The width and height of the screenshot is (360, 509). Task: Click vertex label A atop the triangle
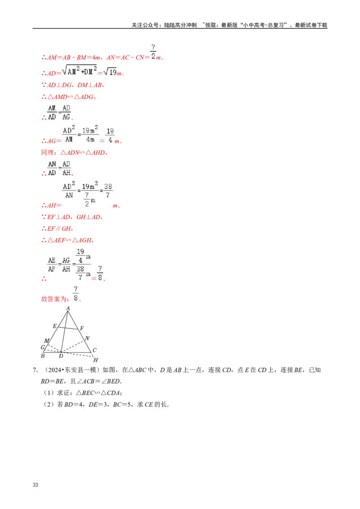pyautogui.click(x=68, y=308)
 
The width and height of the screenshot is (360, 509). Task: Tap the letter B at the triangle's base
pyautogui.click(x=43, y=356)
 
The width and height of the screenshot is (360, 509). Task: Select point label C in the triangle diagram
pyautogui.click(x=94, y=350)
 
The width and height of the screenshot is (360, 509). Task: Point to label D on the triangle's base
pyautogui.click(x=61, y=356)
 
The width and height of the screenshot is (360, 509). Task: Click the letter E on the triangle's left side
pyautogui.click(x=54, y=326)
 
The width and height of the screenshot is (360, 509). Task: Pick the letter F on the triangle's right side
pyautogui.click(x=82, y=329)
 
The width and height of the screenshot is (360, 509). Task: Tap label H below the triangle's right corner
pyautogui.click(x=95, y=360)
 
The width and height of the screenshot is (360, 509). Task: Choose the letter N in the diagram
pyautogui.click(x=87, y=338)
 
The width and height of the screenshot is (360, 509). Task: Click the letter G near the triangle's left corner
pyautogui.click(x=43, y=347)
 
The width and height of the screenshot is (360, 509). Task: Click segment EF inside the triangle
pyautogui.click(x=68, y=329)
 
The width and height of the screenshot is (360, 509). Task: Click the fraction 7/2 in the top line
pyautogui.click(x=153, y=52)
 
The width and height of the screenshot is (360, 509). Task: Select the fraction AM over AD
pyautogui.click(x=52, y=112)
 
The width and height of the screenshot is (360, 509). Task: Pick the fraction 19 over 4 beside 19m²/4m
pyautogui.click(x=110, y=135)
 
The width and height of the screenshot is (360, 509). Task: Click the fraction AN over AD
pyautogui.click(x=52, y=168)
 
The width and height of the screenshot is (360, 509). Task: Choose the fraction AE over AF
pyautogui.click(x=53, y=265)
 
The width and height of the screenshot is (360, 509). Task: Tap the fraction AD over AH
pyautogui.click(x=67, y=168)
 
